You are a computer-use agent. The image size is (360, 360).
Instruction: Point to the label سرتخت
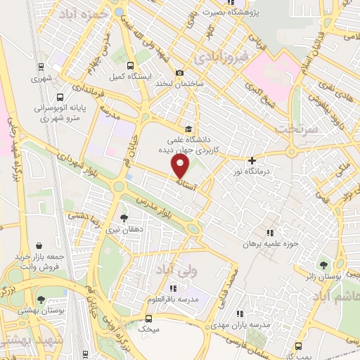pos(292,129)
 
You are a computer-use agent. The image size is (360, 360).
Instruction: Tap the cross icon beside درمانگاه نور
pos(252,160)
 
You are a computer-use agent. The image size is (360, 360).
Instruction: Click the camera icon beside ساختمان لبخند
pos(180,73)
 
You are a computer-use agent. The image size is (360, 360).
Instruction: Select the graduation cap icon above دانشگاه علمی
pos(188,129)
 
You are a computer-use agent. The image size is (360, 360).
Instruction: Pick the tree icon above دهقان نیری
pos(124,217)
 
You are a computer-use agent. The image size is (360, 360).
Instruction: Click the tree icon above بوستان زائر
pos(323,266)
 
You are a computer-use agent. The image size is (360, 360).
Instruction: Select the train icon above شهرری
pos(41,68)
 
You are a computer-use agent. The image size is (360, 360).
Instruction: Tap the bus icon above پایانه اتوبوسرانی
pos(60,97)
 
